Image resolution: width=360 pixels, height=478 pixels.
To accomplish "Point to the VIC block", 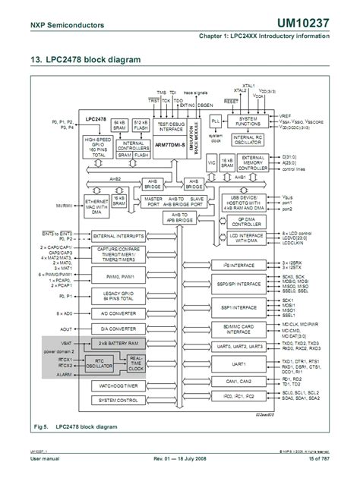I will (212, 162).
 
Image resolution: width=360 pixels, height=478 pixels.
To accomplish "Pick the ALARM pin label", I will (63, 375).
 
